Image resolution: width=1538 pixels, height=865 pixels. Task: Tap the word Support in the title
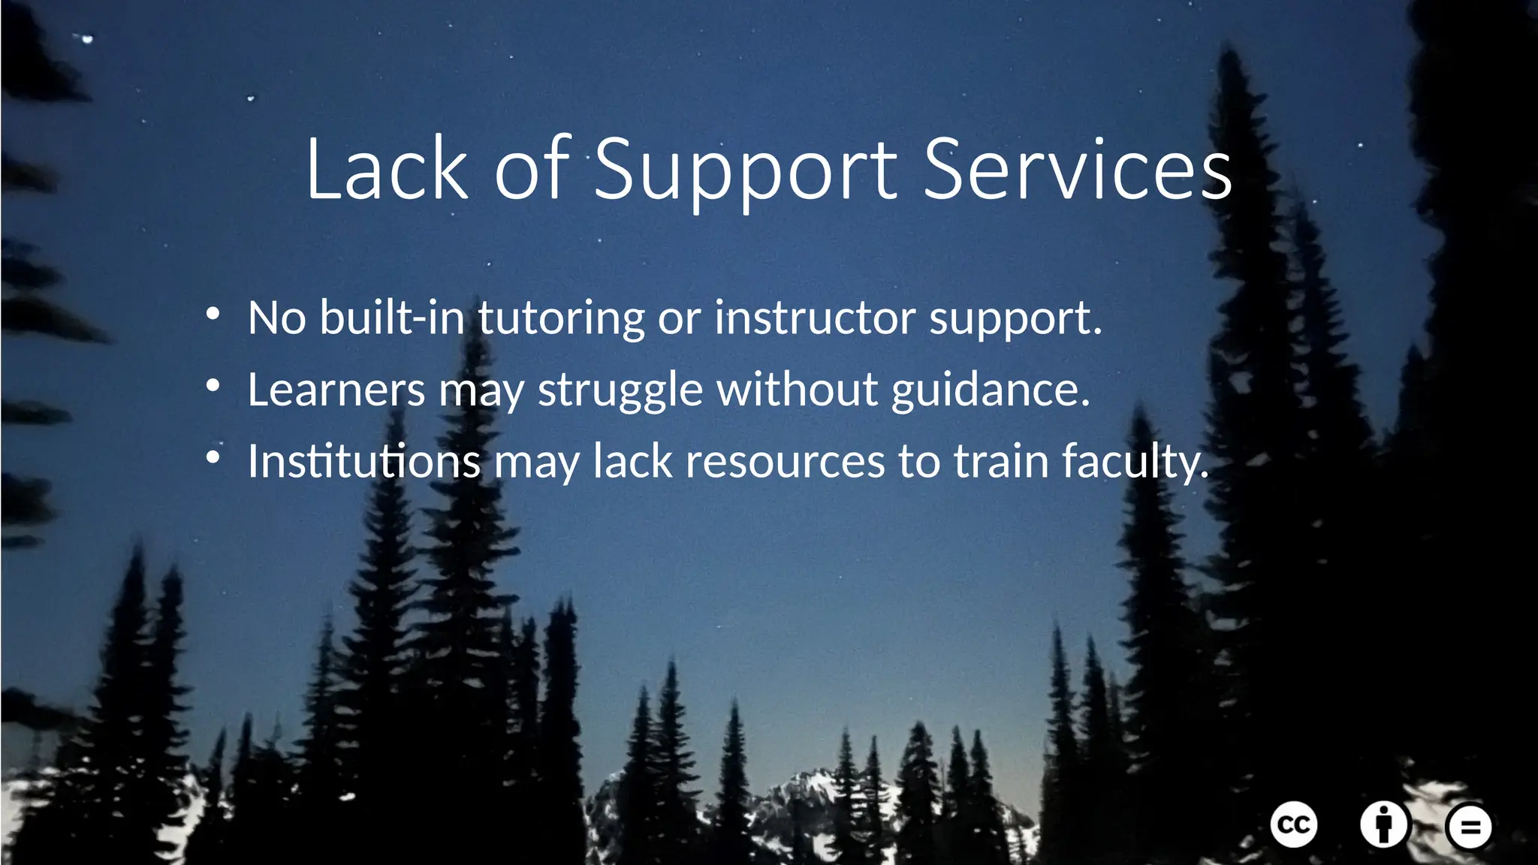pos(746,171)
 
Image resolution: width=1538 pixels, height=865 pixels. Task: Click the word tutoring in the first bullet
pos(561,318)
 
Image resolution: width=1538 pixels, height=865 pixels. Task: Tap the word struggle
pos(620,390)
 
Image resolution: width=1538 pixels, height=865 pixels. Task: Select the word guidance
pos(991,389)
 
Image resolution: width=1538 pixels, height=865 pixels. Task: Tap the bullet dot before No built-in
pos(213,315)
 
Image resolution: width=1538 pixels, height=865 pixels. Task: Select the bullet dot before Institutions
pos(213,459)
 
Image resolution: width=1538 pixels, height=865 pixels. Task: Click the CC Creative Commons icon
pos(1293,824)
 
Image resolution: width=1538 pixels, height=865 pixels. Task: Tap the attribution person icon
pos(1383,824)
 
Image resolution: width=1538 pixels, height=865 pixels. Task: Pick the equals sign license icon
pos(1469,827)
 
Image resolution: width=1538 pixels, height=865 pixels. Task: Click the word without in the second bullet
pos(798,389)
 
